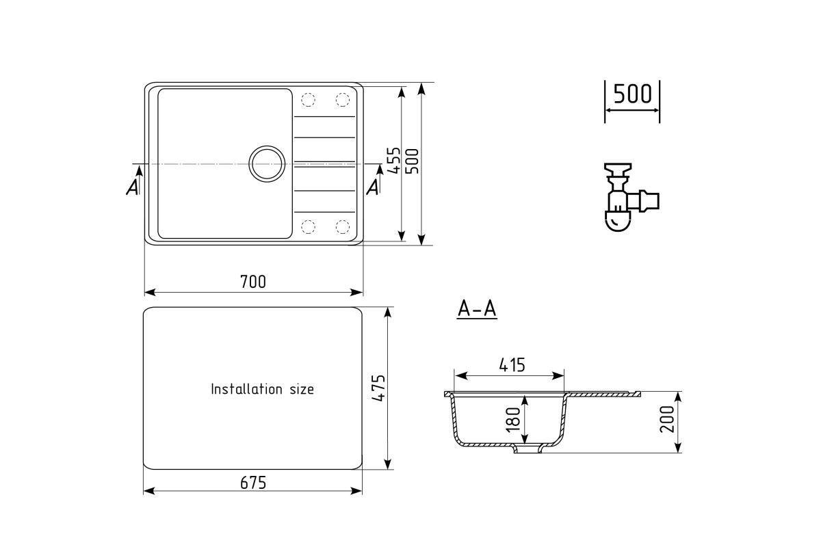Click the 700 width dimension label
[x=253, y=282]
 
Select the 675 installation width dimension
[x=253, y=483]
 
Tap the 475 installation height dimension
[x=378, y=388]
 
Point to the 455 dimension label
[x=393, y=161]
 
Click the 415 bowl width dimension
[x=512, y=365]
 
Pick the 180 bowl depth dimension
[x=513, y=420]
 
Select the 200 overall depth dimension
[x=667, y=420]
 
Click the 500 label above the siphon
[x=633, y=94]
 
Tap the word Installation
[x=247, y=389]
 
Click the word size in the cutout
[x=302, y=390]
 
